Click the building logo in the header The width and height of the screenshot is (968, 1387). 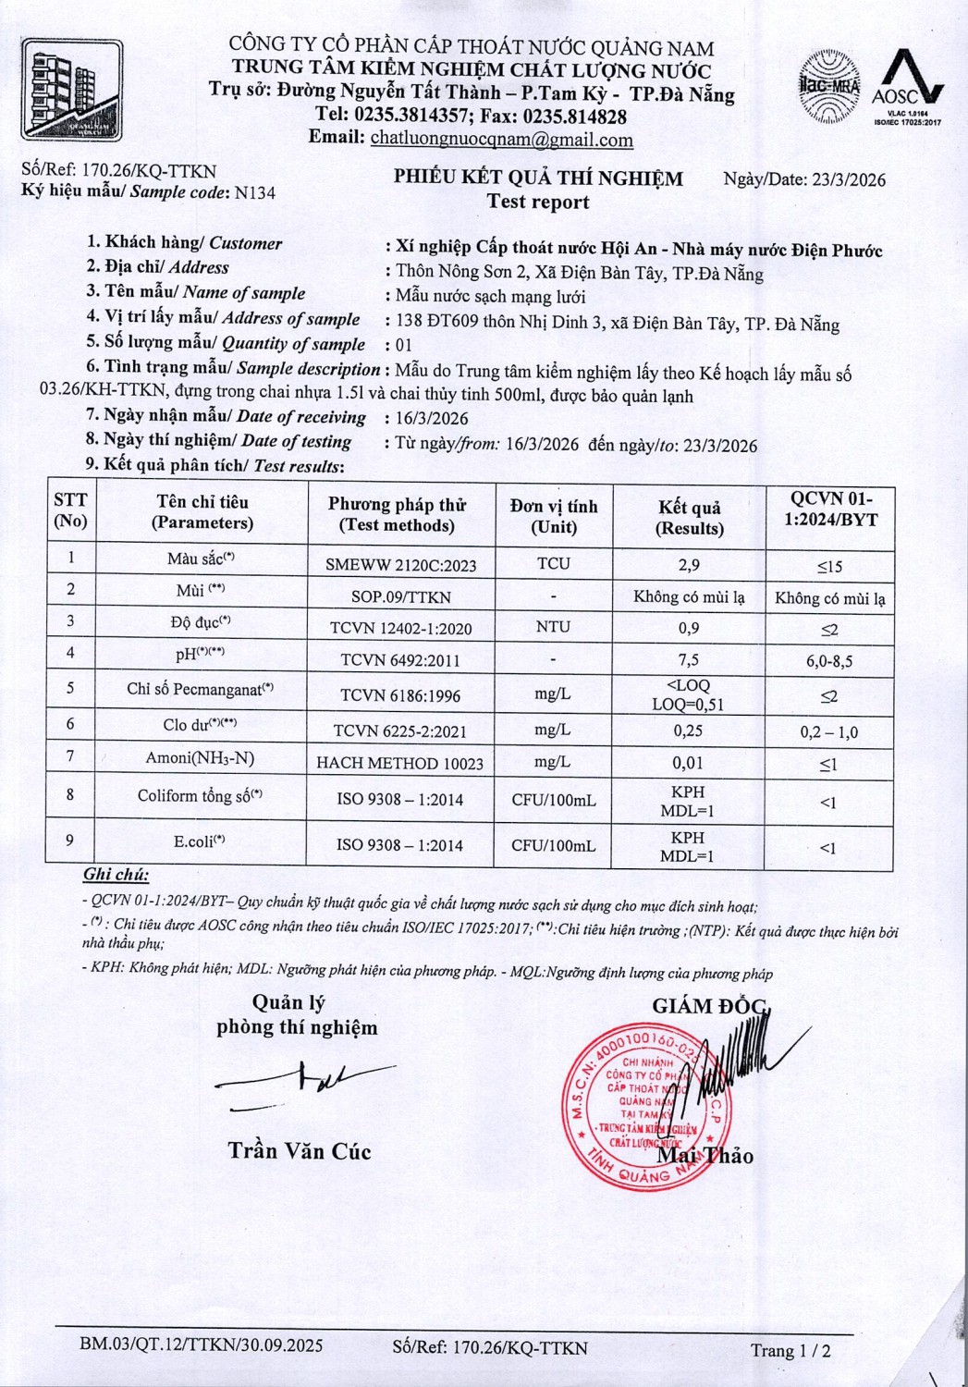point(72,89)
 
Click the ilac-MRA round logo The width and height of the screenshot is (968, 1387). point(828,87)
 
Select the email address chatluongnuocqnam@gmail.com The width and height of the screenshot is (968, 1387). point(502,140)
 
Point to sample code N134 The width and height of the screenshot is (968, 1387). point(255,192)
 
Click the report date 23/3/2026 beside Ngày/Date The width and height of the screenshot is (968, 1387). point(849,179)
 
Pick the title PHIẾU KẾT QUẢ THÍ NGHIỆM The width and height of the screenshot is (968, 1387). point(538,178)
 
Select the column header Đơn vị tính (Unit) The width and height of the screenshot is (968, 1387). point(553,516)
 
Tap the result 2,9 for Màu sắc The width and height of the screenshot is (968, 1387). point(688,564)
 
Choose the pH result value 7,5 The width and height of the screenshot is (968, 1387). point(688,660)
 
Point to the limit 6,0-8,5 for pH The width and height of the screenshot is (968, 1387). point(828,661)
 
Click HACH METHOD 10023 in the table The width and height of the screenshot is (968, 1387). point(400,763)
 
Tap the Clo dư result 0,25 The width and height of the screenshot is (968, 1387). point(688,730)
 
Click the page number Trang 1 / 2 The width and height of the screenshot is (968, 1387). point(790,1351)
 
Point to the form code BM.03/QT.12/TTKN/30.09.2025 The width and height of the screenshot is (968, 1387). point(202,1345)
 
